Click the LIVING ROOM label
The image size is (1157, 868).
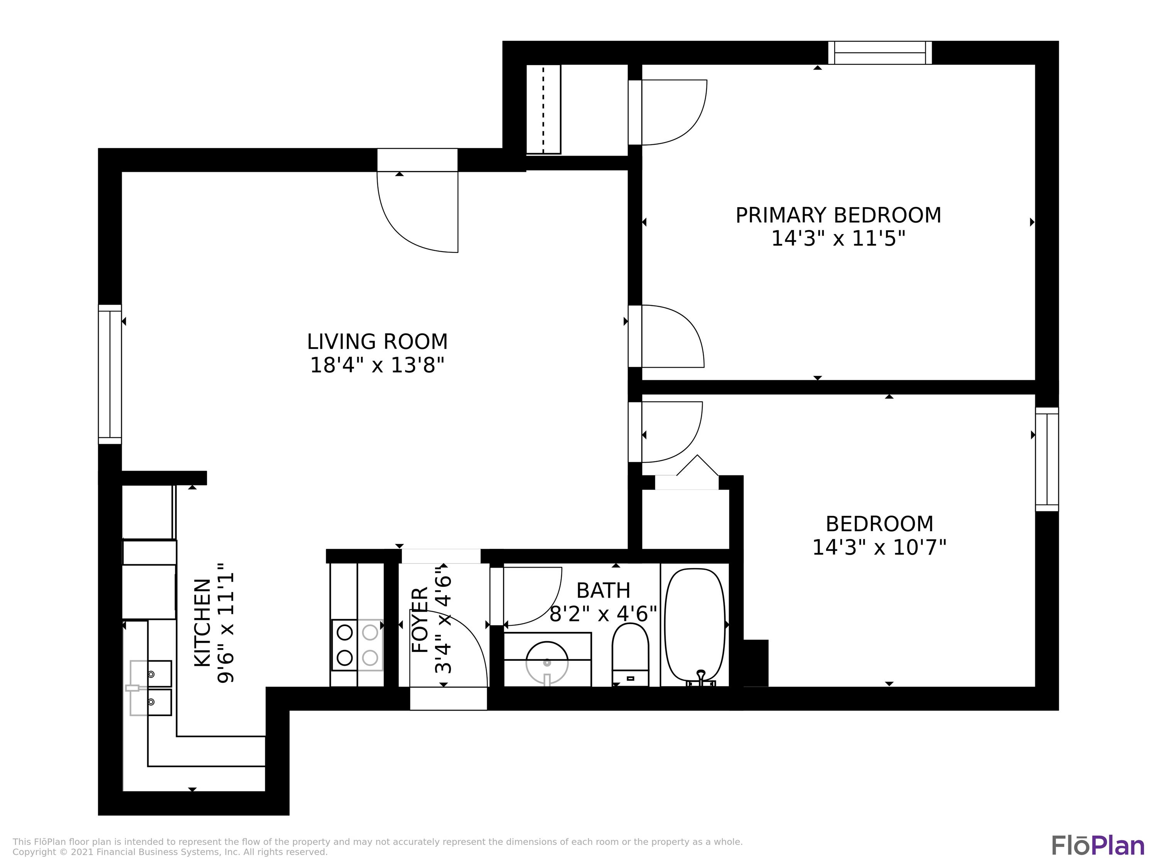click(x=377, y=342)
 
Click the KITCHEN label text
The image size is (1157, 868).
click(x=203, y=623)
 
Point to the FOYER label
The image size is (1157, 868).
click(x=420, y=620)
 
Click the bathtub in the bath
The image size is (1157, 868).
click(x=695, y=625)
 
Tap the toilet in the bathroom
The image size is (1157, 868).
click(x=630, y=654)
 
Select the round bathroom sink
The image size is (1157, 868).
click(x=546, y=662)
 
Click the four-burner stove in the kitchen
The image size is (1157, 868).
click(x=357, y=645)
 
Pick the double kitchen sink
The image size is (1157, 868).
click(x=151, y=687)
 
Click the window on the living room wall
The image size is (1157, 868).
click(x=110, y=374)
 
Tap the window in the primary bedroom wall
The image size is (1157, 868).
click(x=880, y=53)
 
